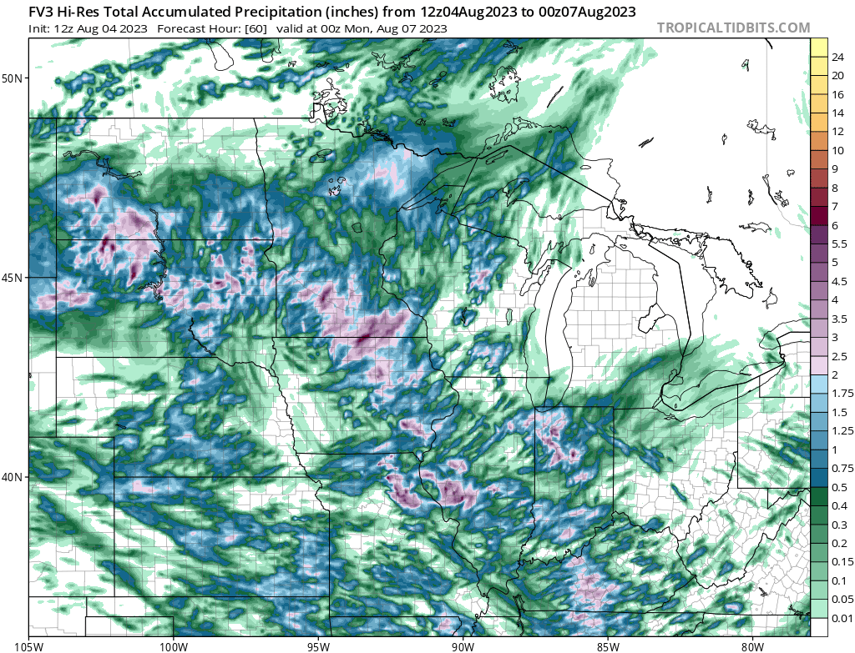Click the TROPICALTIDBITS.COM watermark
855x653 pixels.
click(x=733, y=28)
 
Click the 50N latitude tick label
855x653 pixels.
click(x=13, y=78)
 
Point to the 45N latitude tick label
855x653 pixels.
click(x=13, y=278)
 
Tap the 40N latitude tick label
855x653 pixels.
click(x=13, y=477)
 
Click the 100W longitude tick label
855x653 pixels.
click(x=174, y=645)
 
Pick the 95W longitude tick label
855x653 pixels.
click(x=318, y=645)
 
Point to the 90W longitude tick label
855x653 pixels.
click(x=463, y=645)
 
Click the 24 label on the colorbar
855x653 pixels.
click(x=837, y=57)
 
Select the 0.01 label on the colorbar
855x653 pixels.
click(x=842, y=618)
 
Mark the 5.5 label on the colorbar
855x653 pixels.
click(x=840, y=244)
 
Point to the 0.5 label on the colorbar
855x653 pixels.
click(x=840, y=487)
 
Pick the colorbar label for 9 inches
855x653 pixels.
click(x=835, y=169)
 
